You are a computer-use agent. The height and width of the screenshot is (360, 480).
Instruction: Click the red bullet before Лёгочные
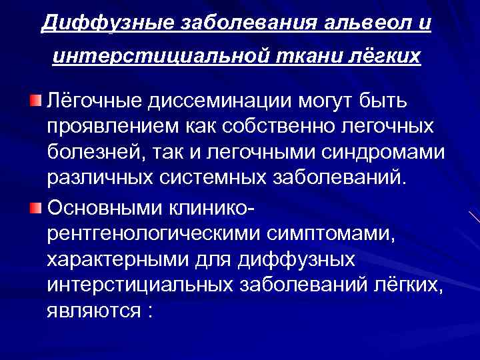(x=35, y=101)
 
